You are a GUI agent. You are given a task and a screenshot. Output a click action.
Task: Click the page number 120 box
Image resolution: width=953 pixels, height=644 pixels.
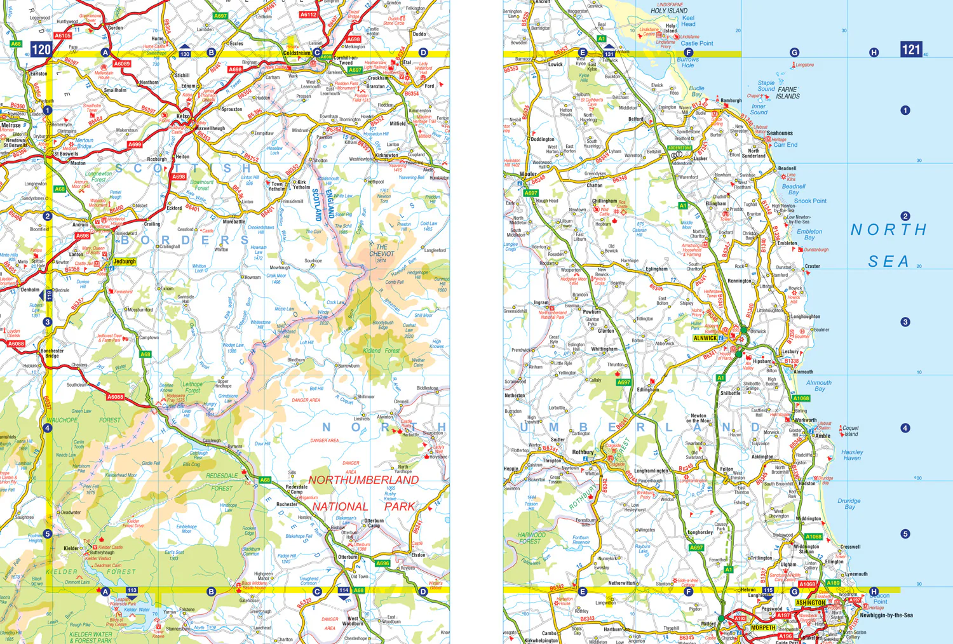pos(41,49)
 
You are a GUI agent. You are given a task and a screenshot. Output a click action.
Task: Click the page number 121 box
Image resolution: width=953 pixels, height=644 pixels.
pos(911,49)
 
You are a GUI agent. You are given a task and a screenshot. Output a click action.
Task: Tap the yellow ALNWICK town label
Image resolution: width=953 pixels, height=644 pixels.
pos(705,338)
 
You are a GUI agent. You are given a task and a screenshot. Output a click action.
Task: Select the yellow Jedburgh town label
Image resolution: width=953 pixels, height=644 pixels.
pos(125,261)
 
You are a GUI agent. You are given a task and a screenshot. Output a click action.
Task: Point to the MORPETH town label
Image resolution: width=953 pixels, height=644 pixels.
pos(763,627)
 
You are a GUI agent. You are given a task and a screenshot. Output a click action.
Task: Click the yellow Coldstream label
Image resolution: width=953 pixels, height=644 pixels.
pos(297,53)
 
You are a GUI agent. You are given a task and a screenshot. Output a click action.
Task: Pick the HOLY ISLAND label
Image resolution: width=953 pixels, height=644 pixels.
pos(668,11)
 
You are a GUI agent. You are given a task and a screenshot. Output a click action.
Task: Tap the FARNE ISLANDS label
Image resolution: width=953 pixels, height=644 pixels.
pos(788,93)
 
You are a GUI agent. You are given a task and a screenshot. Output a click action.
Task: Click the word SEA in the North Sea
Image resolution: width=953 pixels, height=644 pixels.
pos(888,261)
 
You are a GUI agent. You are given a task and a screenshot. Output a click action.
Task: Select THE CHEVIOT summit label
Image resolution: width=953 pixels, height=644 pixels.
pos(381,250)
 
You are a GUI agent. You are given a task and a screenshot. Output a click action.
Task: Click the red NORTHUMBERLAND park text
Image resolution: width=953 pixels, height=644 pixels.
pos(363,480)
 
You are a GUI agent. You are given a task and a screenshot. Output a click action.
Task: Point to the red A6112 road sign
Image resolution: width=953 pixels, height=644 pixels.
pos(308,14)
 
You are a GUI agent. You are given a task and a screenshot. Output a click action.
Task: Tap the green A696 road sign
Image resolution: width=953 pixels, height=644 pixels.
pos(382,563)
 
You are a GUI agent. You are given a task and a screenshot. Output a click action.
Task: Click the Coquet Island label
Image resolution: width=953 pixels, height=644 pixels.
pos(851,431)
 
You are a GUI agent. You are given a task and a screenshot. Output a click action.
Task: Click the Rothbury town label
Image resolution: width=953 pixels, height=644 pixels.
pos(583,452)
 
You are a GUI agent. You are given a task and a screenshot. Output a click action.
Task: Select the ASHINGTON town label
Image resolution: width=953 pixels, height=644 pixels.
pos(811,603)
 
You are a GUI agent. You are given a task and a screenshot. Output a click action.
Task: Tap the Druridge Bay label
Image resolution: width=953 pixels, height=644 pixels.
pos(849,504)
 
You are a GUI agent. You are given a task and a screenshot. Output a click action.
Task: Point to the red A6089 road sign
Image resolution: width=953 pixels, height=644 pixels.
pos(121,64)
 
